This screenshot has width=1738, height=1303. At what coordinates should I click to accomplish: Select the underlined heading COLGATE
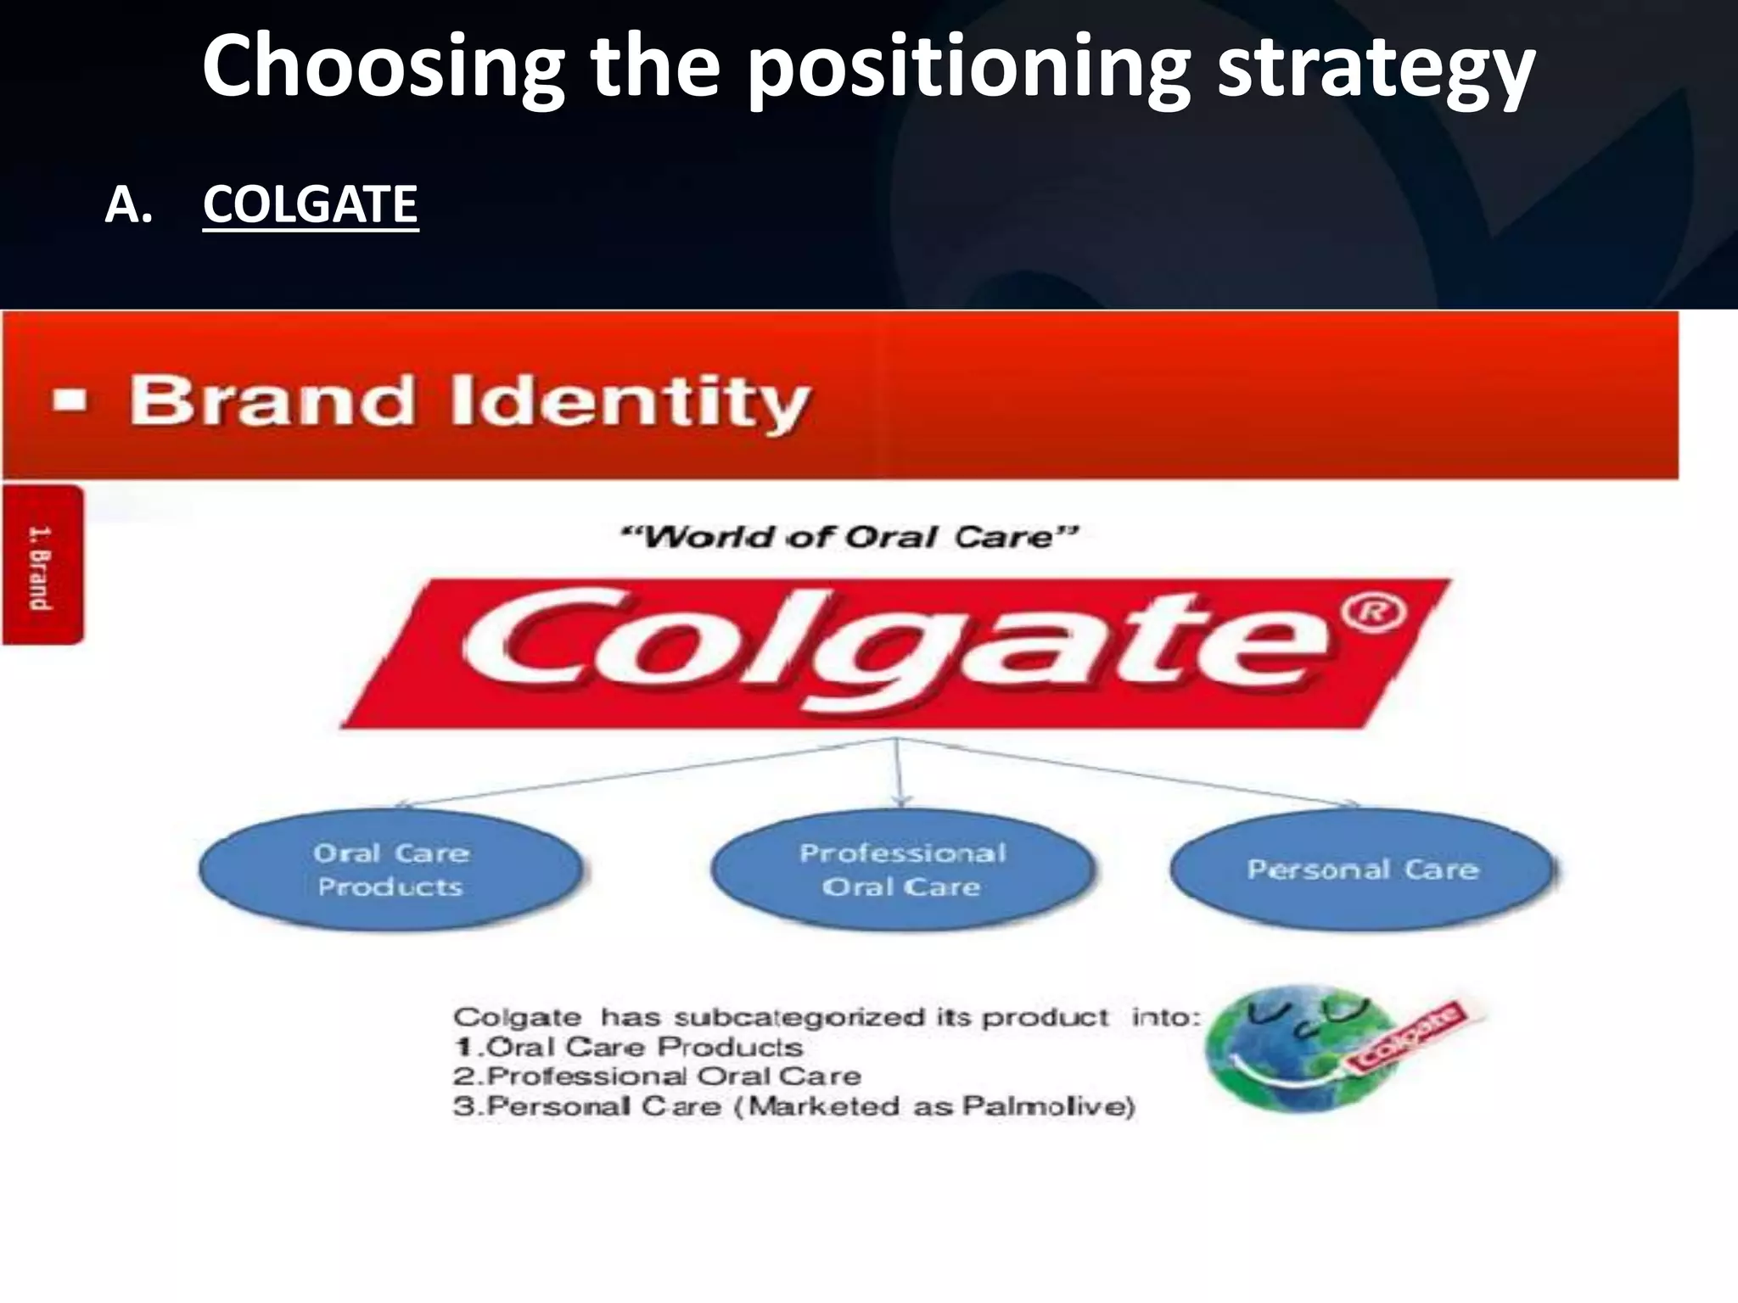pos(310,205)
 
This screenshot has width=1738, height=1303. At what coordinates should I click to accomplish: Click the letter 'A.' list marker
pos(129,205)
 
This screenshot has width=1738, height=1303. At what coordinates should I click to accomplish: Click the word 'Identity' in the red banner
pos(630,401)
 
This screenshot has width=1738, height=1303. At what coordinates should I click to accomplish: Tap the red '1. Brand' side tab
pos(42,566)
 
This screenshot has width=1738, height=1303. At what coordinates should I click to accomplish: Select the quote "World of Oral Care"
pos(849,537)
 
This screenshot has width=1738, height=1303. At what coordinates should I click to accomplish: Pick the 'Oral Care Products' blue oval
pos(391,870)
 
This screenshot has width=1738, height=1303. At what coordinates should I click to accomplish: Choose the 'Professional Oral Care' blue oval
pos(902,870)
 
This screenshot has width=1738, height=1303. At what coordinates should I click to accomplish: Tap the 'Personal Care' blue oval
pos(1363,870)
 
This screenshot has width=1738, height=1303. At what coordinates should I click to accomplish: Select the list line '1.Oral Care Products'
pos(628,1047)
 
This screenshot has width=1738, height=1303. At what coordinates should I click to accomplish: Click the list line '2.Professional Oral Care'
pos(657,1077)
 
